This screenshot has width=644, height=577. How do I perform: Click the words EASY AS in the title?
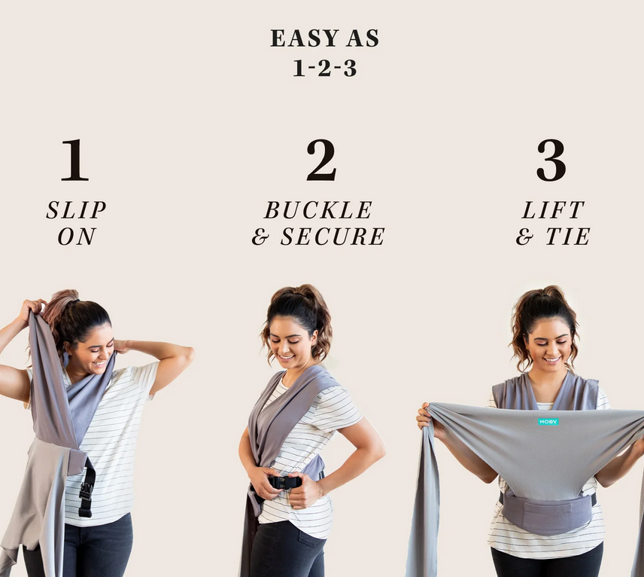click(x=324, y=38)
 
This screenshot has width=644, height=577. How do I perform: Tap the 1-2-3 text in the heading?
click(x=324, y=68)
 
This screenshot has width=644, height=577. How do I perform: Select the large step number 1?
click(x=74, y=160)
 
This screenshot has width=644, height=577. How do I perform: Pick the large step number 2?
click(x=321, y=160)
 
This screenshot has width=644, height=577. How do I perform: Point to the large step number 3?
click(x=551, y=160)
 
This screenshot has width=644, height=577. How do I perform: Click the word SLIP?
click(x=77, y=210)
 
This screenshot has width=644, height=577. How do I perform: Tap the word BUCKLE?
click(x=318, y=210)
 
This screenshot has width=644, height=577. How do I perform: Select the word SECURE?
click(x=333, y=237)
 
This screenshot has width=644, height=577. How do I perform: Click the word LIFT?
click(x=553, y=210)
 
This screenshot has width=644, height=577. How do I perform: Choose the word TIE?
click(x=568, y=237)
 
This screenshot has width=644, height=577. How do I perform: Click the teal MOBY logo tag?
click(x=548, y=422)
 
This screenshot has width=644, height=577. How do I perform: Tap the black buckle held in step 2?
click(x=284, y=482)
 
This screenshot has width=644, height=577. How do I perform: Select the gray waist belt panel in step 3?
click(x=547, y=511)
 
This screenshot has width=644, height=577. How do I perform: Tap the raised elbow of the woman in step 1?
click(x=186, y=355)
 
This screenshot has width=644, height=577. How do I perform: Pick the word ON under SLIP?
click(x=77, y=237)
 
